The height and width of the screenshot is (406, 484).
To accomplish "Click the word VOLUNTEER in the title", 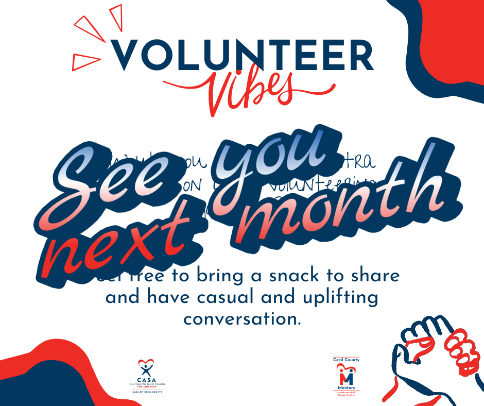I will point(242,55).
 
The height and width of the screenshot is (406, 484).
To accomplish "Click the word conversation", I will point(241,319).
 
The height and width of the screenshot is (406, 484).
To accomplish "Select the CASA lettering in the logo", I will point(147,380).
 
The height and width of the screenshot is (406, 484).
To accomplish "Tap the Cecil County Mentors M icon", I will point(346,374).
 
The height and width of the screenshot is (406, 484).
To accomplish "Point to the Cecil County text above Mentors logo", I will point(346,360).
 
